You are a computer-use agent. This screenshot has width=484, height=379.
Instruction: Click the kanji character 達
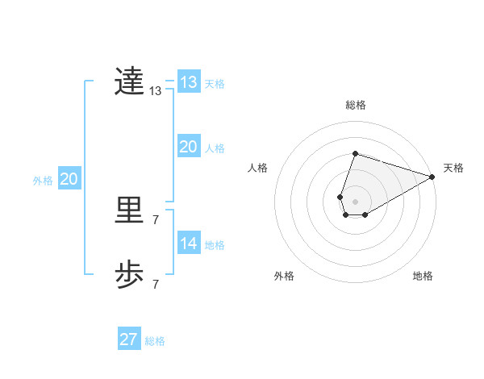(129, 81)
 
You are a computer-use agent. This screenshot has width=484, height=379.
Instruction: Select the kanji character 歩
(129, 275)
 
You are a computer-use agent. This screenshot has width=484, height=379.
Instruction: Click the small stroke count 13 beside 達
(156, 91)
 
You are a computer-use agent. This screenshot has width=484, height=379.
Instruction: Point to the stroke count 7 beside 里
(156, 220)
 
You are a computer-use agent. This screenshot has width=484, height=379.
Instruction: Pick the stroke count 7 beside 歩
(156, 284)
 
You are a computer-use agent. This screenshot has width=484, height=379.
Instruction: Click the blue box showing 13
(188, 82)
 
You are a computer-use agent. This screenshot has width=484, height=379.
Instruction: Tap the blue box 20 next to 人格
(188, 147)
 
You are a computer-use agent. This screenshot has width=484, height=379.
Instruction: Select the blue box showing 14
(188, 244)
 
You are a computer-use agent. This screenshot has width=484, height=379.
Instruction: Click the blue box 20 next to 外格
(69, 179)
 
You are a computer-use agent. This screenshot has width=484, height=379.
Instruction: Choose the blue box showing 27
(128, 339)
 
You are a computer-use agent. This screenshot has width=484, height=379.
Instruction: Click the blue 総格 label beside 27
(155, 341)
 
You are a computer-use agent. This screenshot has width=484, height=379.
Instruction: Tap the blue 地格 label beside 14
(215, 245)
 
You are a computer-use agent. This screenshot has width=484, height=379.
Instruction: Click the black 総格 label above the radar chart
(355, 105)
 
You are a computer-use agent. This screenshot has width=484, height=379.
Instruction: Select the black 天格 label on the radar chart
(453, 168)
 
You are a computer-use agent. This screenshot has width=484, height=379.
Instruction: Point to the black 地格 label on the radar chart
(423, 276)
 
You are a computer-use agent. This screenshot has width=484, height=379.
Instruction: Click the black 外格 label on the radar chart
(284, 276)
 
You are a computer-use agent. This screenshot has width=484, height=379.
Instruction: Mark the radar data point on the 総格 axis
(355, 153)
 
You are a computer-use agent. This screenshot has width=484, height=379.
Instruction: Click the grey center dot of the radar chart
(355, 201)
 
